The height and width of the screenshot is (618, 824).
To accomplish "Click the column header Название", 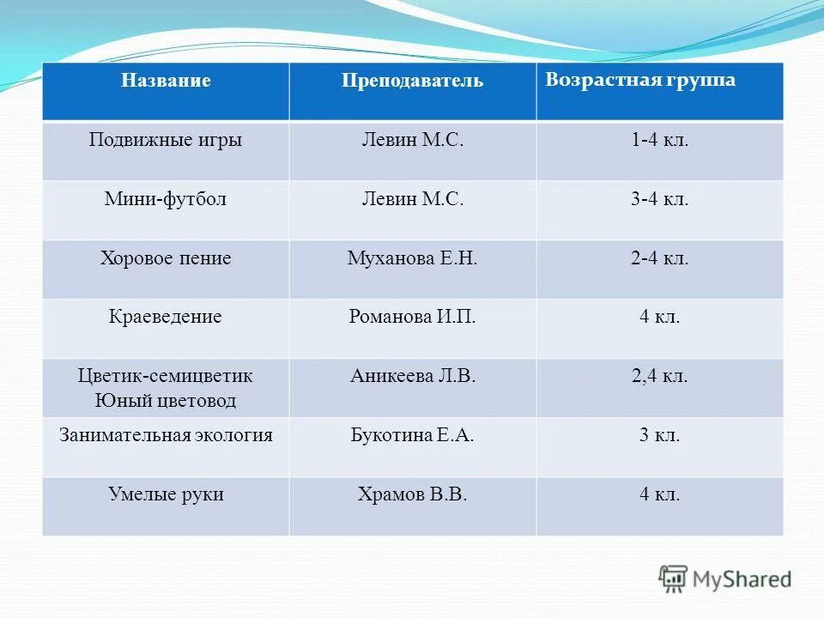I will [166, 81].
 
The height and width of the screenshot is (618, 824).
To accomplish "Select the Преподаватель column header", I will [412, 82].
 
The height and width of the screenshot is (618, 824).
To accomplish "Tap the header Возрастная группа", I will [640, 80].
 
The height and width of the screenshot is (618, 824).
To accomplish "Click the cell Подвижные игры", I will [166, 140].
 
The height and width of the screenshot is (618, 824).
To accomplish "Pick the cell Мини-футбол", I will [166, 199].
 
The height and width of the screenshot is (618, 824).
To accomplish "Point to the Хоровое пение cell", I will [166, 257].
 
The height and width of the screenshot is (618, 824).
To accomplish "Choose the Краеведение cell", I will [166, 317].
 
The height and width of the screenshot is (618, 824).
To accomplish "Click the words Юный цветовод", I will [166, 400].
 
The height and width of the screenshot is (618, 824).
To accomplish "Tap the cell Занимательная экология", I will [166, 435].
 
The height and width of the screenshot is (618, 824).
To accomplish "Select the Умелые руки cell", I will [166, 494].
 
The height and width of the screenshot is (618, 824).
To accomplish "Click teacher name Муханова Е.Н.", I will [412, 257].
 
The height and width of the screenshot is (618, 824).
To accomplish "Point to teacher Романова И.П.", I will [412, 317].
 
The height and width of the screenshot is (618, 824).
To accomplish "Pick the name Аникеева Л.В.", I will [412, 376].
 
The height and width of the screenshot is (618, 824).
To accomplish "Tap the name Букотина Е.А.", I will [412, 435].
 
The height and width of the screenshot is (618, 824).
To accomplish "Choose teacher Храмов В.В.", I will [412, 494].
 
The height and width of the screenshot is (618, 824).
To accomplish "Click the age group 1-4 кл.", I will [659, 140].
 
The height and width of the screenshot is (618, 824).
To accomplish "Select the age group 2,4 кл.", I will [659, 376].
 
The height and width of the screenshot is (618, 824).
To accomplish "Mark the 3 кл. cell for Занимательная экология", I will [659, 435].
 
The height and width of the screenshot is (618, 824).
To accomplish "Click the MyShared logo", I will [725, 578].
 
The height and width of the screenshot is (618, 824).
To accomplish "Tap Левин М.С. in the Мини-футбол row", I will [412, 199].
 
